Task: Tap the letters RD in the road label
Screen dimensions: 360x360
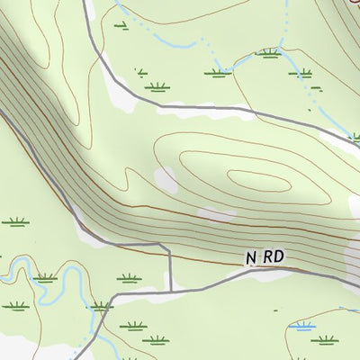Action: tap(274, 257)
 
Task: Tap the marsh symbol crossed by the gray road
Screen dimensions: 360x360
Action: tap(101, 306)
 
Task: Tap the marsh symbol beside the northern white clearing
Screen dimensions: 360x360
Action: tap(157, 86)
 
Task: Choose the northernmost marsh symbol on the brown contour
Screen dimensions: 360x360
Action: tap(266, 53)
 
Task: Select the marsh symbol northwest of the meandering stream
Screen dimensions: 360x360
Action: tap(14, 221)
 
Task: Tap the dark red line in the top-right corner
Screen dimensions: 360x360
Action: tap(351, 7)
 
